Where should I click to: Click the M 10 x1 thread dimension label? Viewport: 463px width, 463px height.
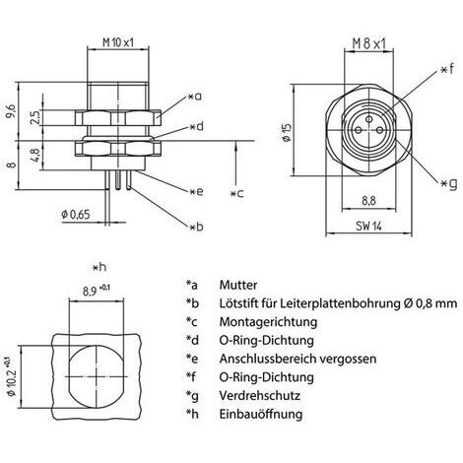[118, 42]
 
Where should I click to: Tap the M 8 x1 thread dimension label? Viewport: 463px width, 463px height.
[368, 43]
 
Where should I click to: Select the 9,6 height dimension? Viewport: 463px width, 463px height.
[12, 111]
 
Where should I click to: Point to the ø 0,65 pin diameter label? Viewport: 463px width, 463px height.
[76, 215]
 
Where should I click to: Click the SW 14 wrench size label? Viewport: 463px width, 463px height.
[368, 226]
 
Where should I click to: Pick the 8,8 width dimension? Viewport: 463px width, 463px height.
[368, 201]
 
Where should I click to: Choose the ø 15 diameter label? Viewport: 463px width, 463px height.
[287, 132]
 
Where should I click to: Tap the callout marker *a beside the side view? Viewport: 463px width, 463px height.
[195, 97]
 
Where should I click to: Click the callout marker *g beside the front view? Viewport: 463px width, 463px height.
[448, 184]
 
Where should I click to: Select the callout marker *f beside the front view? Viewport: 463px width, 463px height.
[448, 70]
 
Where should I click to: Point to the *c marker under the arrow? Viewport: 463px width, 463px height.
[236, 193]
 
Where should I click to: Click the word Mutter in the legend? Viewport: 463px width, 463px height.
[238, 285]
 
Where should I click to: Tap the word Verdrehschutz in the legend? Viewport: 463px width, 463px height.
[259, 395]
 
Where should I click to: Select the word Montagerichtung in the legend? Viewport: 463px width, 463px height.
[268, 322]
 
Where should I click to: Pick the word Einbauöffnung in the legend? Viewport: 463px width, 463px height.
[261, 414]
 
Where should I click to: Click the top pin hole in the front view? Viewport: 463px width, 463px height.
[369, 118]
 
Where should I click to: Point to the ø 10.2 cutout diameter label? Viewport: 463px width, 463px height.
[12, 377]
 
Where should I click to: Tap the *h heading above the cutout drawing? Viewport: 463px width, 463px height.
[99, 268]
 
